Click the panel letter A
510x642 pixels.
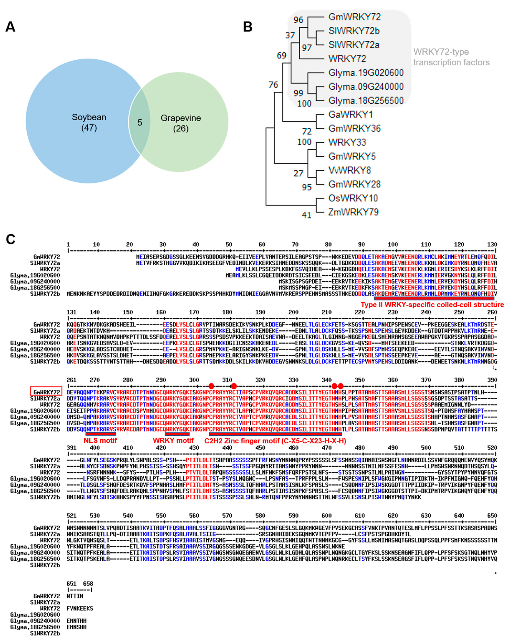click(10, 27)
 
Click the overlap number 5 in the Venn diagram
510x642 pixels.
click(139, 122)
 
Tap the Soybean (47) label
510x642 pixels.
click(89, 122)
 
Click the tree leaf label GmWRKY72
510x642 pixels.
click(354, 17)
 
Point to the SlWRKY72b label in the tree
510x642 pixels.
click(354, 31)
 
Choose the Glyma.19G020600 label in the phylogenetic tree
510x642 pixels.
click(366, 73)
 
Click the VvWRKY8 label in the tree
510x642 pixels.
click(349, 170)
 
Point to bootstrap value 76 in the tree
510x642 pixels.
click(273, 85)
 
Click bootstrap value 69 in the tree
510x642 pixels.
click(281, 55)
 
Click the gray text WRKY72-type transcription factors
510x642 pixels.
click(451, 57)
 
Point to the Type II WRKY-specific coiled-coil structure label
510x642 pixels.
click(432, 305)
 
